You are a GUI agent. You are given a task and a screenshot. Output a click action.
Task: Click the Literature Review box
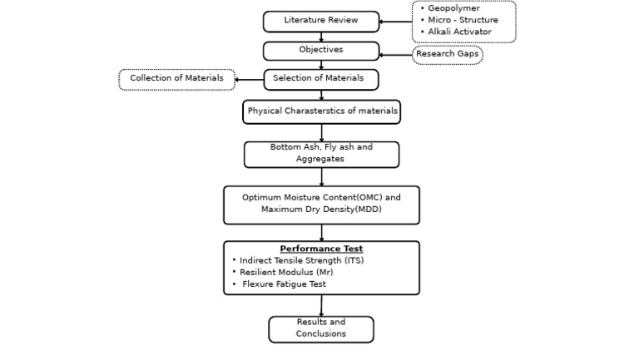click(x=320, y=21)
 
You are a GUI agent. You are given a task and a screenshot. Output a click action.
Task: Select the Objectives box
click(x=320, y=51)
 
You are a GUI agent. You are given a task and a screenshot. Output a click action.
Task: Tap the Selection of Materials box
click(x=320, y=79)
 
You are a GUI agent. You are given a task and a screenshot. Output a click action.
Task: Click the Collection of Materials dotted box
click(x=176, y=79)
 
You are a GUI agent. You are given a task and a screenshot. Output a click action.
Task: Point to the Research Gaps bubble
click(x=447, y=55)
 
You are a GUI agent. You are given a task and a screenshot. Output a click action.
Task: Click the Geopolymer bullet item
click(x=453, y=8)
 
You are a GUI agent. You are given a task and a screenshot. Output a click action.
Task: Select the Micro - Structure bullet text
click(x=463, y=20)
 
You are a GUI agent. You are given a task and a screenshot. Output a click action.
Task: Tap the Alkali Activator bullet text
click(x=459, y=32)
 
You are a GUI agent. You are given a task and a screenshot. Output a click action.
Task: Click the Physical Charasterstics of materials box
click(x=322, y=111)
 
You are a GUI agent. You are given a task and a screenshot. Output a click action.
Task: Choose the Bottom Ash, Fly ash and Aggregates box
click(x=321, y=154)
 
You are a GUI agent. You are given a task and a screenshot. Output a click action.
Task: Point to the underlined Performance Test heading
click(x=321, y=249)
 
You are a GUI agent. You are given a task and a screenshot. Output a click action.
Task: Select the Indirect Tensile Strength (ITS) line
click(x=301, y=260)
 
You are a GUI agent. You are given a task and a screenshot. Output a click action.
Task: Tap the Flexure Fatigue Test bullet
click(x=284, y=284)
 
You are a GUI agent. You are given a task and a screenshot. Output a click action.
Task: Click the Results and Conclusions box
click(x=320, y=328)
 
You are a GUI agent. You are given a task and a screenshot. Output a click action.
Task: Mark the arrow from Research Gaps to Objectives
click(x=396, y=55)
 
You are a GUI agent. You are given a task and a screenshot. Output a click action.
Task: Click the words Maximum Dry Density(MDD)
click(x=321, y=210)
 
